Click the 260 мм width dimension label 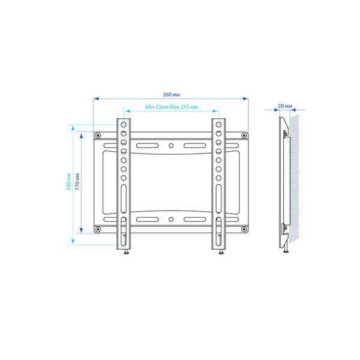pyautogui.click(x=171, y=95)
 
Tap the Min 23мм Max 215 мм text pyautogui.click(x=171, y=107)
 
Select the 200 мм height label pyautogui.click(x=68, y=181)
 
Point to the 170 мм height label pyautogui.click(x=77, y=181)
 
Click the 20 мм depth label pyautogui.click(x=285, y=106)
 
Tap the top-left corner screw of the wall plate pyautogui.click(x=98, y=136)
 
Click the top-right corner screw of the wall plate pyautogui.click(x=244, y=136)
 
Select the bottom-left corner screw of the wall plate pyautogui.click(x=98, y=229)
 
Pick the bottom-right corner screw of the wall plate pyautogui.click(x=244, y=229)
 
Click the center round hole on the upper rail pyautogui.click(x=171, y=146)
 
